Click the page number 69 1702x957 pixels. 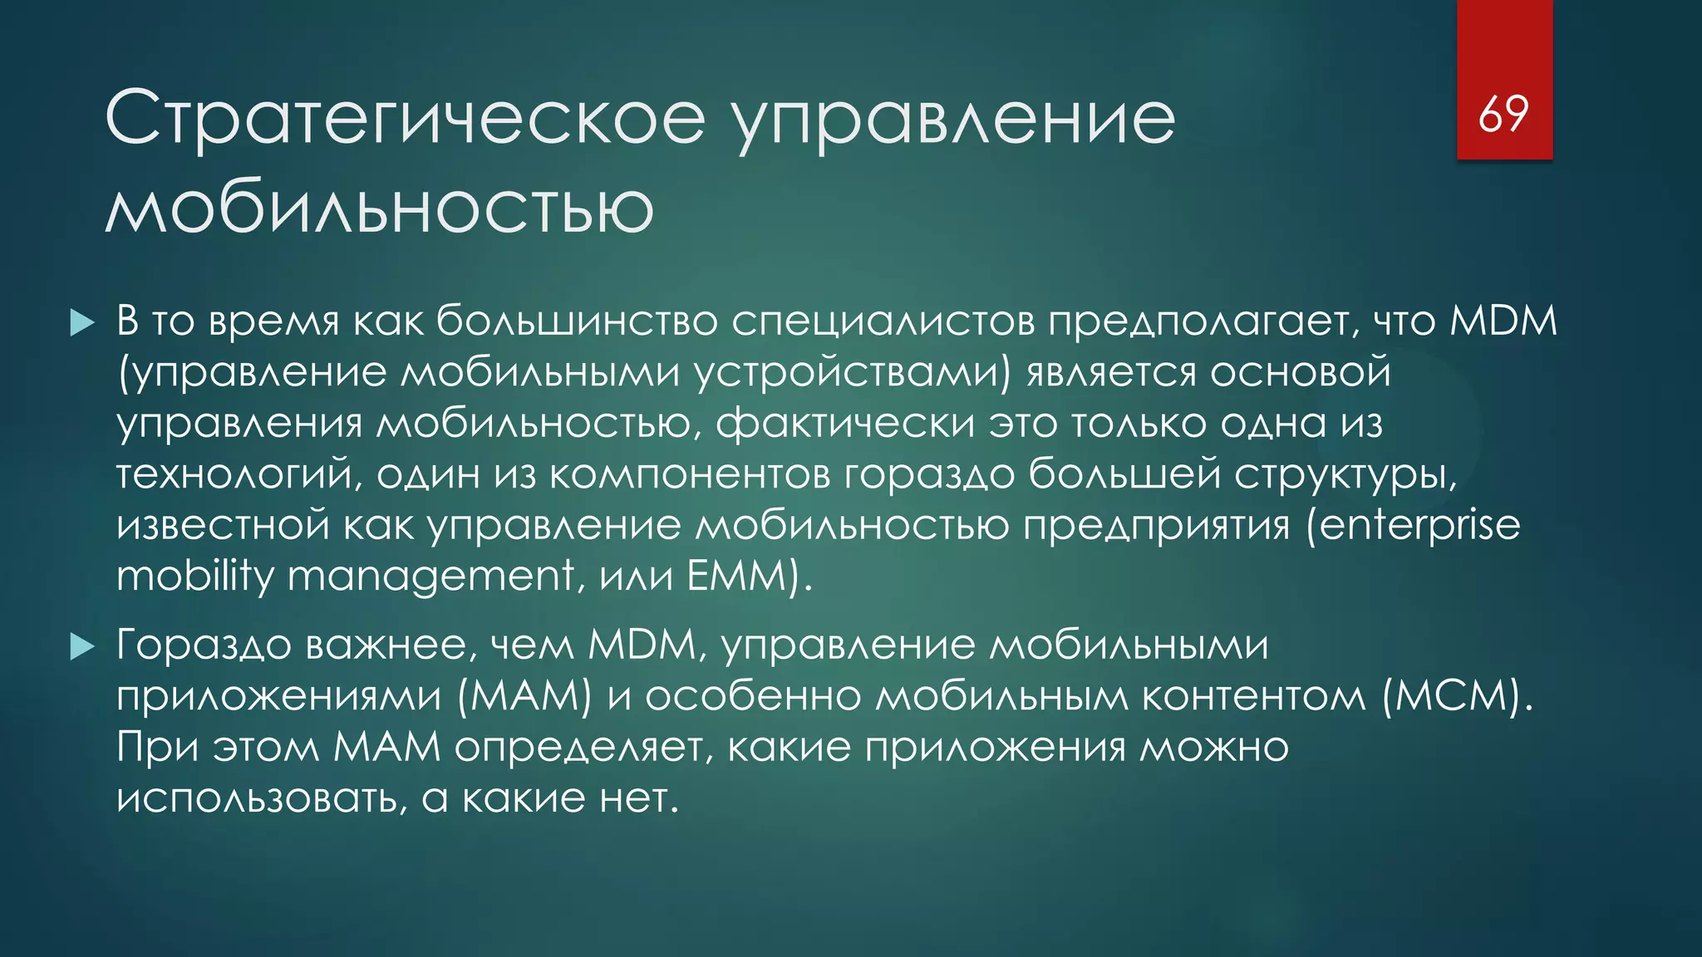pos(1503,114)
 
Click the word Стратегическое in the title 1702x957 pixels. pos(405,119)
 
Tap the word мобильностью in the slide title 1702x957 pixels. pos(380,208)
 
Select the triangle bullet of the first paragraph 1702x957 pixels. pos(83,322)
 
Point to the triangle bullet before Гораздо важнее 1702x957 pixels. pos(83,645)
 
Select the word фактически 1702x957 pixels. pos(845,424)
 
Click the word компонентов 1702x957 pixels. pos(689,474)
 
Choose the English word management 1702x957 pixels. pos(430,576)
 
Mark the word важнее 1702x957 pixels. pos(391,645)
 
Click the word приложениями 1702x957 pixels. pos(278,696)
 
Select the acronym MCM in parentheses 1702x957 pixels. pos(1457,696)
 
